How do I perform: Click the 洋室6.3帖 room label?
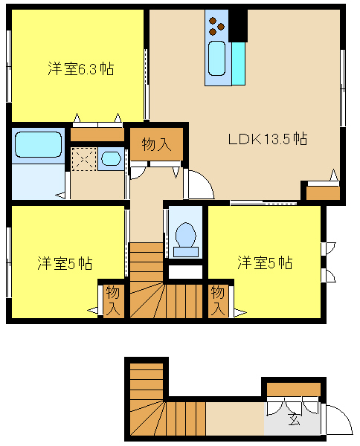point(81,69)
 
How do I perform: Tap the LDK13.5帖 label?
point(268,139)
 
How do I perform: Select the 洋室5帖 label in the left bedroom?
point(65,263)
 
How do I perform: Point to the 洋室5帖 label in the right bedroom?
point(265,262)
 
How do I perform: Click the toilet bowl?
point(186,235)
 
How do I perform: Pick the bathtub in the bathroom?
point(39,144)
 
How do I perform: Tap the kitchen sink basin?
point(217,59)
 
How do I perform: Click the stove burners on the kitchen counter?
point(216,26)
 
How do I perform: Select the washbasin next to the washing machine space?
point(111,159)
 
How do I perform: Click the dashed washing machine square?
point(84,159)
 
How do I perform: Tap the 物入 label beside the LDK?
point(156,144)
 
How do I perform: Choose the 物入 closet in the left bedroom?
point(113,301)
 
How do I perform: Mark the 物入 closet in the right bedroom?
point(218,301)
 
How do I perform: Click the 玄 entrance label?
point(294,418)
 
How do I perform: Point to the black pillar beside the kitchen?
point(237,25)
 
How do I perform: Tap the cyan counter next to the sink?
point(239,63)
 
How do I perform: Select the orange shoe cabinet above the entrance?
point(293,390)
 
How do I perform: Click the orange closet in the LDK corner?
point(323,193)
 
